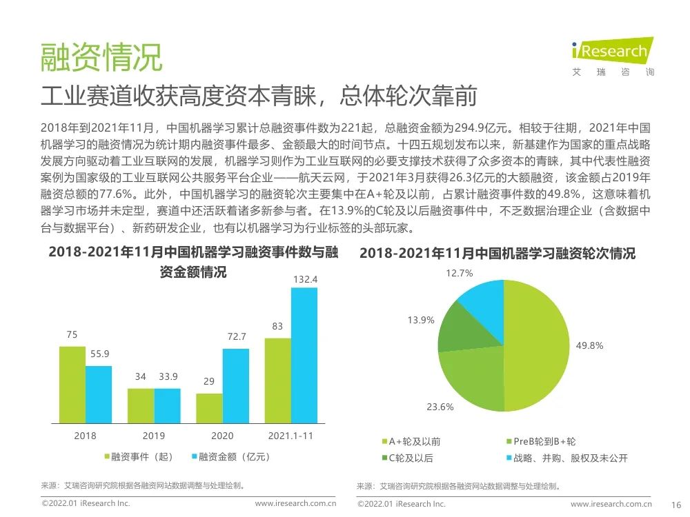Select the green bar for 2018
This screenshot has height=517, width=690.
[72, 384]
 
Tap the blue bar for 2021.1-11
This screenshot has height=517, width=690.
[304, 355]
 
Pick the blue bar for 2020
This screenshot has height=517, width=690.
[235, 385]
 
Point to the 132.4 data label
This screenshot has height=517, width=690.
[305, 279]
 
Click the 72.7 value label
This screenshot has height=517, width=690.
[235, 337]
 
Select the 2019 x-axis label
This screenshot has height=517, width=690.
[154, 436]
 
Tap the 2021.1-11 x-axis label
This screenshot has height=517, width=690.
[291, 436]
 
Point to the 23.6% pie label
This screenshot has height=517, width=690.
[440, 407]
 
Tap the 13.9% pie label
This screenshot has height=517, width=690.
[421, 320]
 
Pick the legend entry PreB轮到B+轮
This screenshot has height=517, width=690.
[540, 441]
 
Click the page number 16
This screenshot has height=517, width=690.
[676, 505]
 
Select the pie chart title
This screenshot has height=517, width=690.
[497, 254]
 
